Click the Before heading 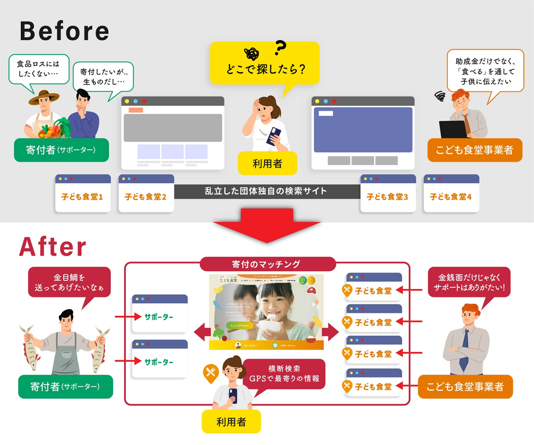tap(64, 31)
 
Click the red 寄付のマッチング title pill tap(267, 264)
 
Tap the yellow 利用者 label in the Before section tap(267, 163)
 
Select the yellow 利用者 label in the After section tap(231, 422)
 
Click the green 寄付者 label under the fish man tap(66, 387)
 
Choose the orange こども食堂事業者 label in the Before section tap(475, 150)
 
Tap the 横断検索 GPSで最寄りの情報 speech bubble tap(284, 374)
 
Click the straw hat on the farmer tap(44, 96)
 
